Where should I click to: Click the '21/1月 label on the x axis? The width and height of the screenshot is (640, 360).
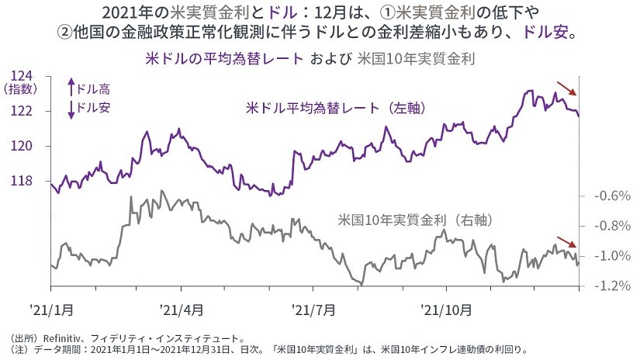click(53, 310)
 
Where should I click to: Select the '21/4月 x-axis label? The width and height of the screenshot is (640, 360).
click(182, 310)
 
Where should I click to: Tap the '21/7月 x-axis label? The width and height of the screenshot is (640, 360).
click(314, 310)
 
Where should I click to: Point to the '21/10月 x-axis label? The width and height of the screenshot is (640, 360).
click(445, 310)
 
